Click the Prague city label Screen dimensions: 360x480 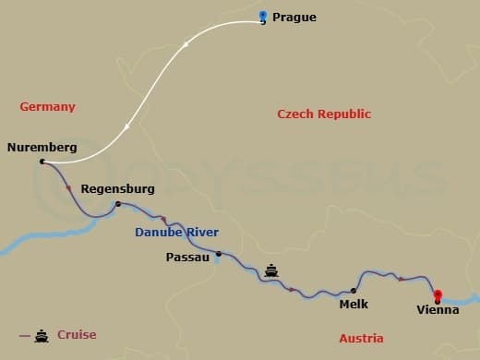(x=295, y=17)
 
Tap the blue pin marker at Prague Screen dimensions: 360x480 (x=263, y=16)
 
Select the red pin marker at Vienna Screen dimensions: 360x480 (x=438, y=295)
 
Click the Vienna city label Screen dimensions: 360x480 (x=438, y=310)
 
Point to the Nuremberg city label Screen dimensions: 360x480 (x=42, y=147)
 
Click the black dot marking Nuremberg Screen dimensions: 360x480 (x=42, y=162)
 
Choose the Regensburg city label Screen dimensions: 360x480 (x=118, y=189)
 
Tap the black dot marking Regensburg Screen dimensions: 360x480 (x=118, y=204)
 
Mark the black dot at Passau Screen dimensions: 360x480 (x=219, y=254)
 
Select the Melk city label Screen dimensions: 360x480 (x=354, y=303)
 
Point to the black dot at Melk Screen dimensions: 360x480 (x=354, y=290)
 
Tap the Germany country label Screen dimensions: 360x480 (x=47, y=107)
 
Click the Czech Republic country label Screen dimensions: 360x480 (x=324, y=114)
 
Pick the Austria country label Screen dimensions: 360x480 (x=361, y=339)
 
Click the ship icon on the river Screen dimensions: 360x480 (x=272, y=270)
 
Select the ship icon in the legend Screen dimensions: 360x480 (x=42, y=335)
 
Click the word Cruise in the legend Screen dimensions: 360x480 (x=77, y=335)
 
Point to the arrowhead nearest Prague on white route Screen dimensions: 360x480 (x=188, y=42)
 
